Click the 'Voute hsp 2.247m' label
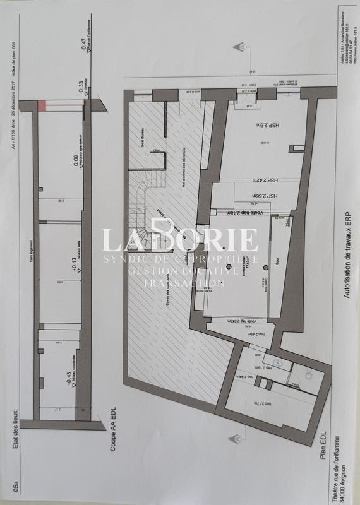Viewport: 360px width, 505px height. pyautogui.click(x=233, y=322)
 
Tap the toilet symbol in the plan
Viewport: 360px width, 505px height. pyautogui.click(x=308, y=375)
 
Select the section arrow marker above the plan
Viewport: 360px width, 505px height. pyautogui.click(x=240, y=48)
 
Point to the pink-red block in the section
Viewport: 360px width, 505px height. pyautogui.click(x=43, y=105)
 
